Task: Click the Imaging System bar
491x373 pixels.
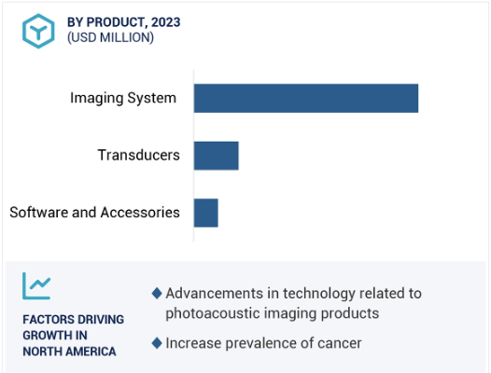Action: (x=306, y=98)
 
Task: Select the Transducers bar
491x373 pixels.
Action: (x=216, y=156)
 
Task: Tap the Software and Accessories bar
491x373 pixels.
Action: (x=205, y=213)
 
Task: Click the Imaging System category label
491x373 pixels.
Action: (x=123, y=98)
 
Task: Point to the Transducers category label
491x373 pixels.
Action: (x=139, y=155)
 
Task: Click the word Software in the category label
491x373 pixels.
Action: (x=39, y=213)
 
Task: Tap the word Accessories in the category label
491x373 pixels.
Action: (x=140, y=213)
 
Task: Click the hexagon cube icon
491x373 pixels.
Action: (x=38, y=31)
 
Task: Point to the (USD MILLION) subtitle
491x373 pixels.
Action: (x=110, y=37)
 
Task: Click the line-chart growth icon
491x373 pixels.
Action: (x=36, y=285)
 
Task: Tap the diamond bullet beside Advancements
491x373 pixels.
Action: (x=157, y=294)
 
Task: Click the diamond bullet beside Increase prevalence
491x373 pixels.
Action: (x=157, y=343)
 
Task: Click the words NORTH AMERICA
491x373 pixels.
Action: (x=69, y=352)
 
